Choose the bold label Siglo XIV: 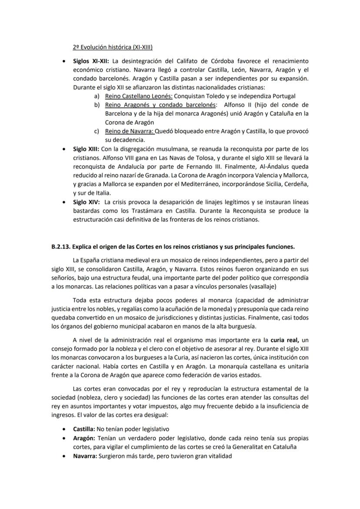86,202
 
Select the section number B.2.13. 60,246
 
